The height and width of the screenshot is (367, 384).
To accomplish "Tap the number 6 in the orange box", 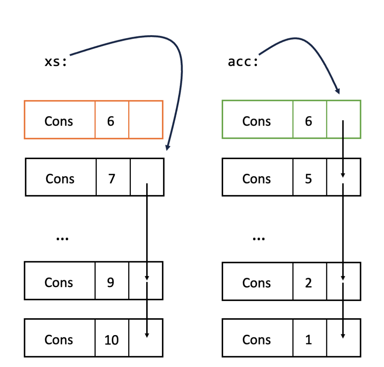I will click(x=111, y=121).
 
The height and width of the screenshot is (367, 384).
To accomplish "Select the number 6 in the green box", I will click(x=309, y=121).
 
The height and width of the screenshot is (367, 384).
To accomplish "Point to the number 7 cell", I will click(x=112, y=179).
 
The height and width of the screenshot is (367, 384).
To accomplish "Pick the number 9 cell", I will click(x=111, y=283).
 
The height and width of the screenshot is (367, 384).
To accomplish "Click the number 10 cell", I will click(x=111, y=340).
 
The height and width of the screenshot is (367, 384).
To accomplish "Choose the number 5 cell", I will click(x=309, y=179).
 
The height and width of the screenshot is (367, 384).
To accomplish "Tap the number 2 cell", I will click(x=309, y=283).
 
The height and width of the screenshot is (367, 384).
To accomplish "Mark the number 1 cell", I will click(x=309, y=340).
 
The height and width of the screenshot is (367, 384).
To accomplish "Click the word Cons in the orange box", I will click(x=59, y=121).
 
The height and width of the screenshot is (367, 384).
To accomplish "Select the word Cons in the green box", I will click(x=256, y=121).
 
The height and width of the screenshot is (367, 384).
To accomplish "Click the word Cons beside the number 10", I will click(x=59, y=340).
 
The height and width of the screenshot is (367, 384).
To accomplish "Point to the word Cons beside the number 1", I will click(x=256, y=340).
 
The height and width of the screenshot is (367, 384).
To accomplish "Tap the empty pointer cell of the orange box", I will click(x=146, y=120).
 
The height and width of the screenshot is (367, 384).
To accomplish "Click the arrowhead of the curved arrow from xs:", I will click(x=167, y=148).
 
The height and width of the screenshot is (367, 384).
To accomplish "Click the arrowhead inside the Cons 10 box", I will click(x=147, y=335).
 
